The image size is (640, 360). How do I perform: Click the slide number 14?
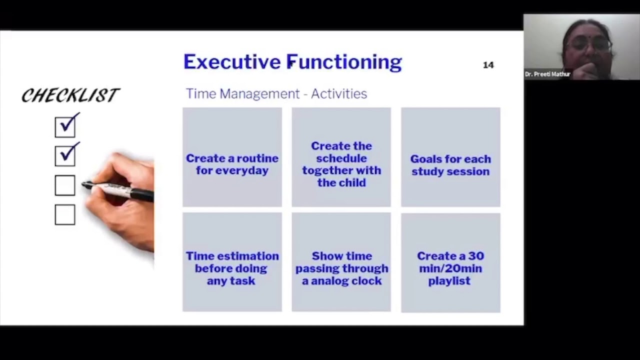(x=488, y=65)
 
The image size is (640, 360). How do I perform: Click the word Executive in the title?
(x=232, y=62)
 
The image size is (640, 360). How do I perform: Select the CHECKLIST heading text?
(x=70, y=95)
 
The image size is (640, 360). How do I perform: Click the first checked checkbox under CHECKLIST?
(x=65, y=127)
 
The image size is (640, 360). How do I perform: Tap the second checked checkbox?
(x=65, y=156)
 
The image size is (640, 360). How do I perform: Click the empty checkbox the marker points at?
(x=65, y=185)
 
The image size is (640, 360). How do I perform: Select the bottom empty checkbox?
(x=65, y=214)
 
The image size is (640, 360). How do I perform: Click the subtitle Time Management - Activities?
(x=276, y=94)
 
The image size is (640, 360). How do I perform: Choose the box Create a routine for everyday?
(x=232, y=157)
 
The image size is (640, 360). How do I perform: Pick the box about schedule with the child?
(x=341, y=157)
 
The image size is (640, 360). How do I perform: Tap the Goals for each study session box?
(x=450, y=157)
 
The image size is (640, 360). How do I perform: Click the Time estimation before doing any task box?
(x=232, y=262)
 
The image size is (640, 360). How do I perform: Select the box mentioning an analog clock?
(x=341, y=262)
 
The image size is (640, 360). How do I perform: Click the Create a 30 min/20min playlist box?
(x=450, y=262)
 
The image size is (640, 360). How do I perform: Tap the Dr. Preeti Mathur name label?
(x=547, y=74)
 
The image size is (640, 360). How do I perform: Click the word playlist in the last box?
(x=449, y=281)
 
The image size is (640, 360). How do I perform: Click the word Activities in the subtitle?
(x=339, y=94)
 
